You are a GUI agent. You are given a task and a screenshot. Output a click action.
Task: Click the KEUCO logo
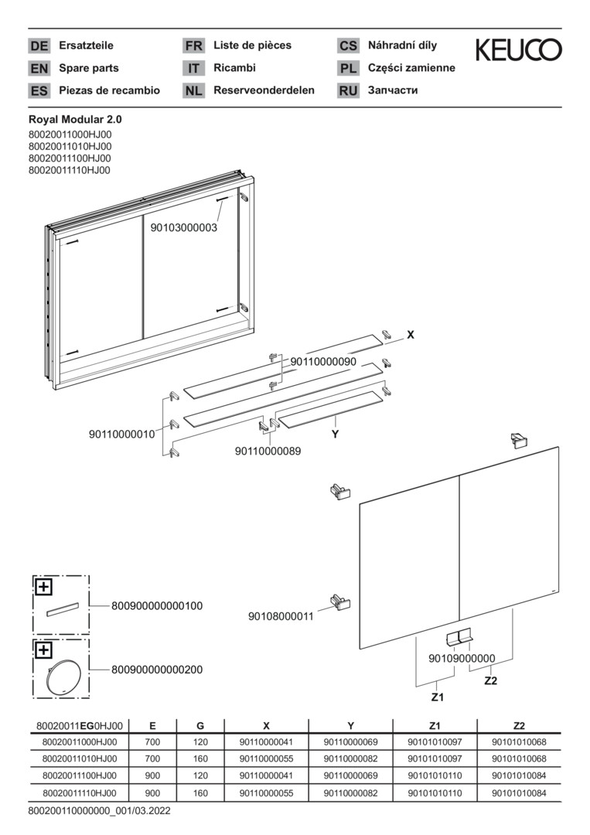(518, 50)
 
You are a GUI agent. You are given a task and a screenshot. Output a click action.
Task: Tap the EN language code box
(39, 68)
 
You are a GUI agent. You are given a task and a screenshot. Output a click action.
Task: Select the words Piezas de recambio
(109, 90)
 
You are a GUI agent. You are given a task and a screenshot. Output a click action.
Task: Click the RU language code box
(348, 90)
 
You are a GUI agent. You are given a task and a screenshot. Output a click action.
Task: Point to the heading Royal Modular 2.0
(75, 120)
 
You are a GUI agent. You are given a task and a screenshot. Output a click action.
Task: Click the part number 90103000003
(183, 228)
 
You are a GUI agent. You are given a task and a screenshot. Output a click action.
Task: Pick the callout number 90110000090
(323, 361)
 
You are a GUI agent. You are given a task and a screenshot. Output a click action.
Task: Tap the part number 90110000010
(122, 435)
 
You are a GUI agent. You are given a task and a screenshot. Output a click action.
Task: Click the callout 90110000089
(268, 451)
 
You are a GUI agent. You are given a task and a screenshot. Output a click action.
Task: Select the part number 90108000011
(281, 616)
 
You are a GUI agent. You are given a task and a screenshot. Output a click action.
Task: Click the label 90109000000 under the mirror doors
(461, 658)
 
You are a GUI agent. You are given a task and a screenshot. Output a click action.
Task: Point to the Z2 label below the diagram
(490, 680)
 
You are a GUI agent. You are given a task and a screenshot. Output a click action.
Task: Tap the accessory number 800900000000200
(157, 670)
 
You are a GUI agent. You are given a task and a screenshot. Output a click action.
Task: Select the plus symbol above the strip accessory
(44, 587)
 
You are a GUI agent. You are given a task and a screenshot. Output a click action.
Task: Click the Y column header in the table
(350, 726)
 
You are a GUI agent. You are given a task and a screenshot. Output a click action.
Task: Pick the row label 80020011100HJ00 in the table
(80, 775)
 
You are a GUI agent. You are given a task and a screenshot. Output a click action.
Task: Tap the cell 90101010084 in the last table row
(519, 793)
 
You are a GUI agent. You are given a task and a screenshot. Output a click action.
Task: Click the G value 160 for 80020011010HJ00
(200, 760)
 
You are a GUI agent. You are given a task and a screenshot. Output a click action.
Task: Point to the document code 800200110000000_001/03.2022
(99, 811)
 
